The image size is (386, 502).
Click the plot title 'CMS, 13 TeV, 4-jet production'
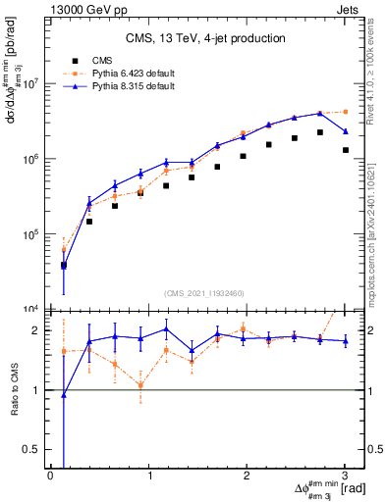tap(205, 38)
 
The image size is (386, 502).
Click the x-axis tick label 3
tap(345, 476)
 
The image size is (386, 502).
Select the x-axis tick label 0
tap(51, 476)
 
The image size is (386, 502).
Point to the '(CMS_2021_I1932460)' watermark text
tap(205, 294)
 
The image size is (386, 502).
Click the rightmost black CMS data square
tap(345, 150)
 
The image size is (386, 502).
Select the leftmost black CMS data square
tap(64, 265)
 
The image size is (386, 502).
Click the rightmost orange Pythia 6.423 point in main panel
tap(345, 112)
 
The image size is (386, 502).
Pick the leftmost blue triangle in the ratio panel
tap(64, 394)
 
